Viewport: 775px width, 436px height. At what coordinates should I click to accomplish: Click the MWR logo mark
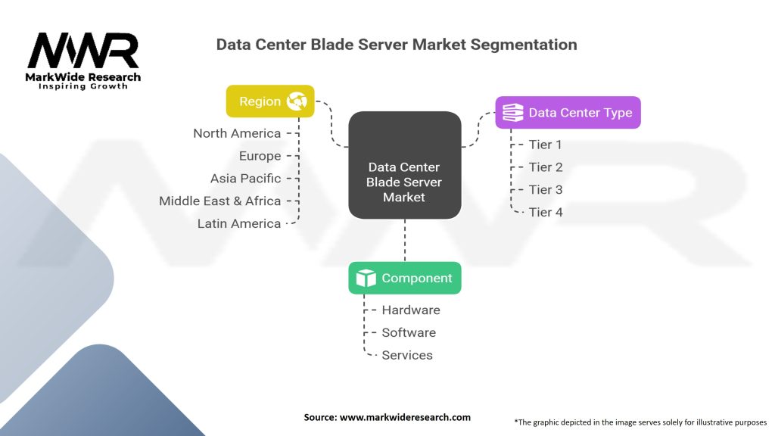click(x=83, y=51)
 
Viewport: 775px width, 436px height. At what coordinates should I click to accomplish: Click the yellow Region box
click(x=270, y=101)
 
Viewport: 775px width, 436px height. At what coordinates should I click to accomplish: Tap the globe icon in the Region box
click(x=297, y=101)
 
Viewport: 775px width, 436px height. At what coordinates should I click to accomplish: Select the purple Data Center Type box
click(x=568, y=113)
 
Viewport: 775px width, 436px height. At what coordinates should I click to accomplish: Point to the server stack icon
click(x=512, y=113)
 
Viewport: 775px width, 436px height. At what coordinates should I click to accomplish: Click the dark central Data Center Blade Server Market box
click(x=405, y=165)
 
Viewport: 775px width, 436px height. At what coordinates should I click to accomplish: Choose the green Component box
click(x=405, y=279)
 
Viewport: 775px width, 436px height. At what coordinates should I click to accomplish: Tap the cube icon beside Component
click(x=366, y=279)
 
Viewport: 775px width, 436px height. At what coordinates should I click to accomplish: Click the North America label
click(x=237, y=133)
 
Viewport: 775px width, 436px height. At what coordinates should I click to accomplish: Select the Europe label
click(x=260, y=156)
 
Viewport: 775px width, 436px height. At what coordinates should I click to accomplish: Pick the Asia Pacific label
click(x=246, y=179)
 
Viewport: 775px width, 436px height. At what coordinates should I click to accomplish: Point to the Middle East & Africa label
click(x=220, y=201)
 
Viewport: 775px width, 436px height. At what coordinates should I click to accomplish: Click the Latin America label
click(x=239, y=224)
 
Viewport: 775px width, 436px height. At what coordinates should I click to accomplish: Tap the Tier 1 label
click(x=545, y=145)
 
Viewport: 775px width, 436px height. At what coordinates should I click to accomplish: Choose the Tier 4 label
click(x=546, y=213)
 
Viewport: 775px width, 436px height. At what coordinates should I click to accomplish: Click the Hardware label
click(x=411, y=310)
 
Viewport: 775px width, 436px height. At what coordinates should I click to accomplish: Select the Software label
click(x=409, y=333)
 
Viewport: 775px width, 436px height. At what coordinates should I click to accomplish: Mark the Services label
click(x=407, y=356)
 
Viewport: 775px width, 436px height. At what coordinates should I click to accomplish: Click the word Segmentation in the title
click(x=524, y=45)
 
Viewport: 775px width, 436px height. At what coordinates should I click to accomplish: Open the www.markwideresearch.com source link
click(x=405, y=417)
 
